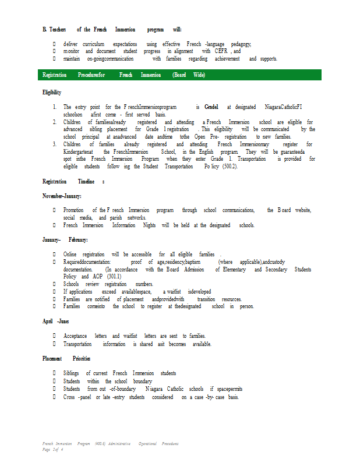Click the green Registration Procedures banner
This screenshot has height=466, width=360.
pyautogui.click(x=181, y=75)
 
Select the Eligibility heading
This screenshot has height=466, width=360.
pyautogui.click(x=52, y=93)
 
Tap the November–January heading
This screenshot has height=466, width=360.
pyautogui.click(x=62, y=196)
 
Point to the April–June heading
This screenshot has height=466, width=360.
pyautogui.click(x=56, y=321)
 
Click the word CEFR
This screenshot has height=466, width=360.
pyautogui.click(x=221, y=51)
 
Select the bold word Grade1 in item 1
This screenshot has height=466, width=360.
pyautogui.click(x=211, y=107)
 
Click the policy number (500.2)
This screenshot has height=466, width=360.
pyautogui.click(x=226, y=167)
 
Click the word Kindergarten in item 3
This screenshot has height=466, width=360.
pyautogui.click(x=79, y=151)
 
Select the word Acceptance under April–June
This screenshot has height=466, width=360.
pyautogui.click(x=75, y=336)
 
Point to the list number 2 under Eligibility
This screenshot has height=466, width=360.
pyautogui.click(x=54, y=122)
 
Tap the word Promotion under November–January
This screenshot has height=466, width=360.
pyautogui.click(x=73, y=210)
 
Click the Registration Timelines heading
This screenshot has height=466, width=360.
pyautogui.click(x=73, y=182)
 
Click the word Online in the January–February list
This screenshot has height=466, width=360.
pyautogui.click(x=70, y=255)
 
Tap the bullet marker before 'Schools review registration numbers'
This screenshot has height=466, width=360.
pyautogui.click(x=54, y=284)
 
